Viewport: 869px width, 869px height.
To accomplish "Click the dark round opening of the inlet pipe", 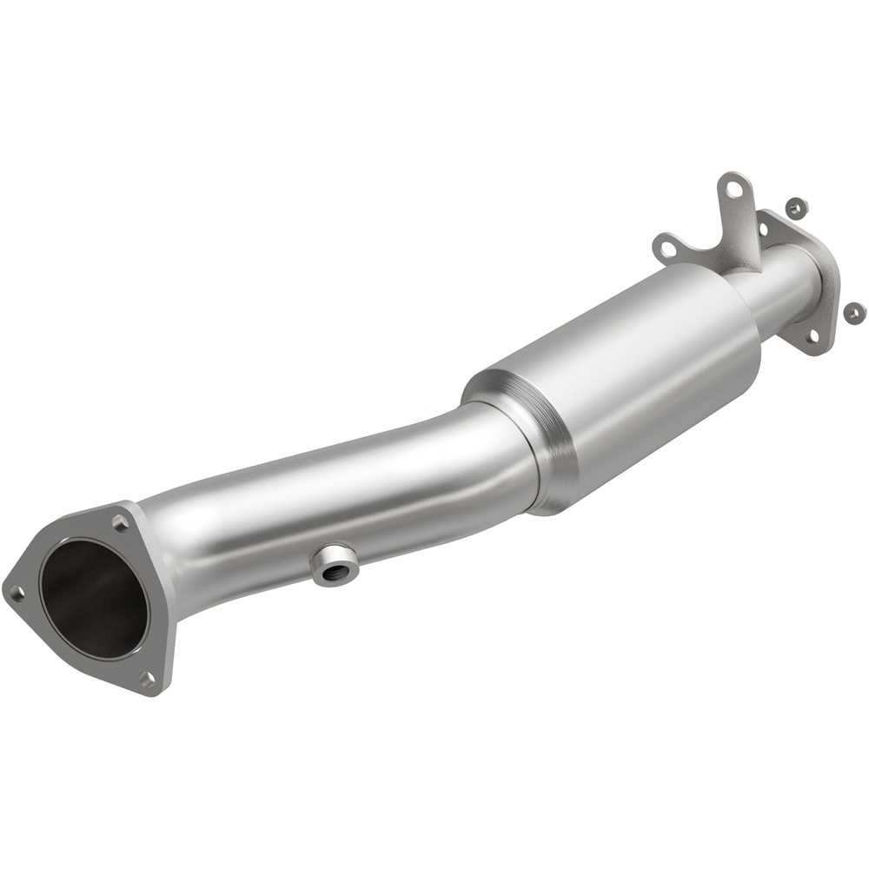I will [x=91, y=599].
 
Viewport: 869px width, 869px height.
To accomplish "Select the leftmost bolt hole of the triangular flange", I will [x=16, y=594].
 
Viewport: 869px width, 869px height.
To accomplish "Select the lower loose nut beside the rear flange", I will [x=853, y=310].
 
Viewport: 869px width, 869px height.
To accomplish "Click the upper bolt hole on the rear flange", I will [x=765, y=228].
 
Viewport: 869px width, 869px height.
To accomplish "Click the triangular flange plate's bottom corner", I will [x=156, y=691].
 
